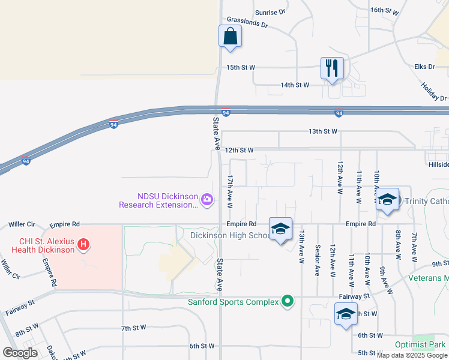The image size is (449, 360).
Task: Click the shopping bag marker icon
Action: tap(231, 37)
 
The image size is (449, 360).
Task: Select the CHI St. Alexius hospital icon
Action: tap(84, 245)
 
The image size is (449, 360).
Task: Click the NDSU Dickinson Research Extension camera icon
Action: tap(207, 199)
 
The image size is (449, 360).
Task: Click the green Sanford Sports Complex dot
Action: tap(288, 302)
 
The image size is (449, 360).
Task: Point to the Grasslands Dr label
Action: tap(247, 26)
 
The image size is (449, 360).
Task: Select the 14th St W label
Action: tap(295, 85)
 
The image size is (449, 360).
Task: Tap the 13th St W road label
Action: tap(323, 131)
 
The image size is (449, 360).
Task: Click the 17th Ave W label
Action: tap(230, 192)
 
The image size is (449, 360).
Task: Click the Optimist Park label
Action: tap(420, 345)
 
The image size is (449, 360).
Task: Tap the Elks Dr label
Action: tap(424, 67)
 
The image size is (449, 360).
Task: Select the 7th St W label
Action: tap(134, 328)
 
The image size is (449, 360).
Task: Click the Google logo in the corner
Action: tap(19, 353)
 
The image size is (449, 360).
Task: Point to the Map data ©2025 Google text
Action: tap(412, 355)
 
